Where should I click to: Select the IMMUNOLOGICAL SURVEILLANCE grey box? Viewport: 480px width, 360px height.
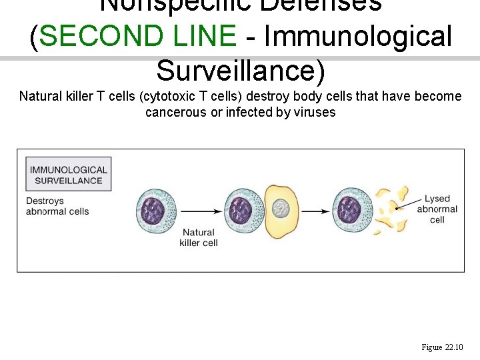(69, 175)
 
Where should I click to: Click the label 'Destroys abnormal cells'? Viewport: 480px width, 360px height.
(57, 206)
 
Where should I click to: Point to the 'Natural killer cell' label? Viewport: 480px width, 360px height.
(199, 237)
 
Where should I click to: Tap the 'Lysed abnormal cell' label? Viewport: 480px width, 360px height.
(437, 209)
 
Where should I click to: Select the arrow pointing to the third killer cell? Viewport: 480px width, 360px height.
(316, 211)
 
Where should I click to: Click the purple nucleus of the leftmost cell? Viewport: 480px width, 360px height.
(153, 211)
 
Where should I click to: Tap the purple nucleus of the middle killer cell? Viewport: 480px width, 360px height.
(241, 211)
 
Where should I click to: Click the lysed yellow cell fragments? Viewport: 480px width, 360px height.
(391, 210)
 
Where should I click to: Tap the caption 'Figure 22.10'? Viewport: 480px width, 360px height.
(442, 347)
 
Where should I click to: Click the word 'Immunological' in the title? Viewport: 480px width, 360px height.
(358, 37)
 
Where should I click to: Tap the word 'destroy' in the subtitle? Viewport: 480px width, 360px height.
(267, 96)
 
